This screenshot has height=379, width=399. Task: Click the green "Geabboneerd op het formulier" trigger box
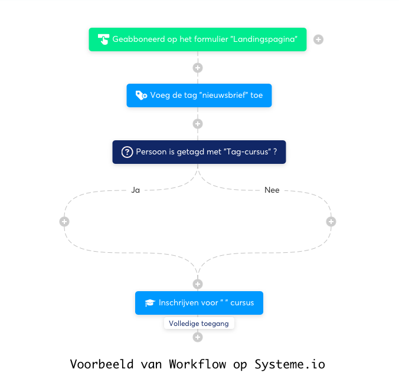(x=198, y=39)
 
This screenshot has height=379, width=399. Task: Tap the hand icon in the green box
(x=103, y=39)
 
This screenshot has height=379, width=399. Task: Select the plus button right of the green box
(x=318, y=39)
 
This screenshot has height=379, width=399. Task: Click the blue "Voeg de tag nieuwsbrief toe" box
(x=199, y=95)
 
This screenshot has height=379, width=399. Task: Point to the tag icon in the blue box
(x=141, y=95)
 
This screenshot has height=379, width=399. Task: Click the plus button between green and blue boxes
(x=198, y=68)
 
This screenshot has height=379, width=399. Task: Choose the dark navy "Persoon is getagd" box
(x=199, y=152)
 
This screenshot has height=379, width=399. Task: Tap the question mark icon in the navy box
(x=127, y=152)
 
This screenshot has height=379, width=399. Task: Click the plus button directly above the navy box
(x=198, y=124)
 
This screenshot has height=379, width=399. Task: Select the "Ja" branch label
(x=136, y=190)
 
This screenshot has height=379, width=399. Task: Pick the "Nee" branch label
(x=272, y=190)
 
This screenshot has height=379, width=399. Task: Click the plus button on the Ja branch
(x=64, y=222)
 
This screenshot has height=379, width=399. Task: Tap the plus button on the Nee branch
(x=331, y=222)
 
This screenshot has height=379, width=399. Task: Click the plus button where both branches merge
(x=198, y=284)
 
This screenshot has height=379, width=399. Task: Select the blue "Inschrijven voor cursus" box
(x=199, y=303)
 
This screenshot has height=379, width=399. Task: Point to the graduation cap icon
(x=149, y=303)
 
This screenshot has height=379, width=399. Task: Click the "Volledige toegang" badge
(x=199, y=324)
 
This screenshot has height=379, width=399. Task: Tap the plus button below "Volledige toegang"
(x=198, y=337)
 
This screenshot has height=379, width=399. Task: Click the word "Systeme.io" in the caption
(x=289, y=364)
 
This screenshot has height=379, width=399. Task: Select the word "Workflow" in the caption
(x=197, y=364)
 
